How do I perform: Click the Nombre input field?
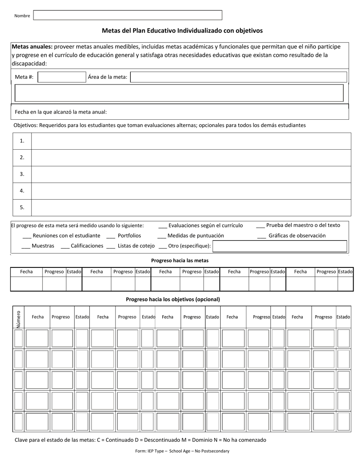128,15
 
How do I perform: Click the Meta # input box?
62,77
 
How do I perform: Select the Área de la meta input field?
239,77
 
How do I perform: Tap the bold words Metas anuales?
32,47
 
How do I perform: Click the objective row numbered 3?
191,174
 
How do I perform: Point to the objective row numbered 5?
191,208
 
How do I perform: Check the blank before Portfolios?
111,236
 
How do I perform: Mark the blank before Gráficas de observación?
261,236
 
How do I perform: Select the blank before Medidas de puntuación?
161,236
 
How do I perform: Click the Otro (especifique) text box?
280,246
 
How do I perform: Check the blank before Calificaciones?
65,246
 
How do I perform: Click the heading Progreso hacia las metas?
180,261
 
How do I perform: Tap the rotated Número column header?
19,317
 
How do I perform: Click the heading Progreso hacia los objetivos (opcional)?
173,299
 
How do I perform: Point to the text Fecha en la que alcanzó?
61,112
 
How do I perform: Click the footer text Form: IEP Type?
182,451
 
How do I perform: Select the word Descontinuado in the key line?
163,440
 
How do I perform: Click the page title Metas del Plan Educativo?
182,31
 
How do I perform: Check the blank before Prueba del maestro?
260,226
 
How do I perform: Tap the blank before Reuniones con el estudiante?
27,236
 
